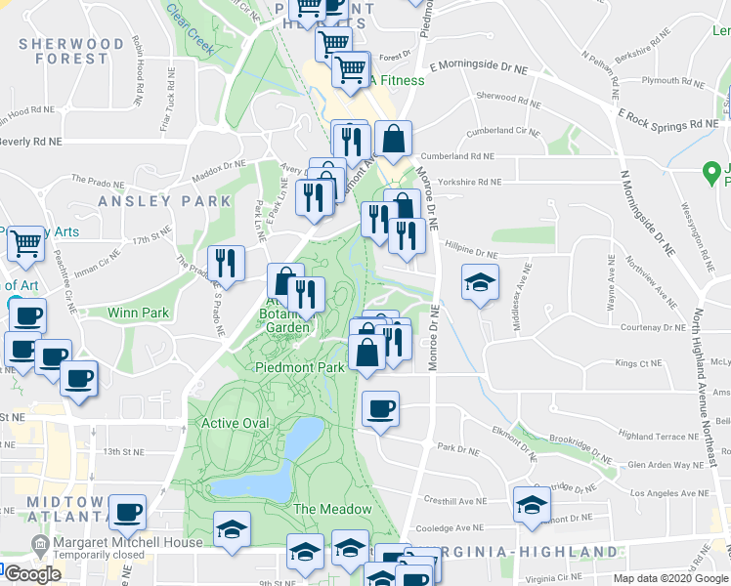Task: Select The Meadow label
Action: click(332, 509)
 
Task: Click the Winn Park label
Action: click(139, 314)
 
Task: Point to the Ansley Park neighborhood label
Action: click(164, 201)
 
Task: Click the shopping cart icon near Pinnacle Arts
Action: click(26, 243)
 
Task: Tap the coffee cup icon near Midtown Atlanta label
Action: click(127, 512)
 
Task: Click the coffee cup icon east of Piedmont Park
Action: click(380, 408)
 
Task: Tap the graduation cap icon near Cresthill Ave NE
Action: click(532, 505)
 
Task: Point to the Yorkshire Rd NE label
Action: click(469, 182)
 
